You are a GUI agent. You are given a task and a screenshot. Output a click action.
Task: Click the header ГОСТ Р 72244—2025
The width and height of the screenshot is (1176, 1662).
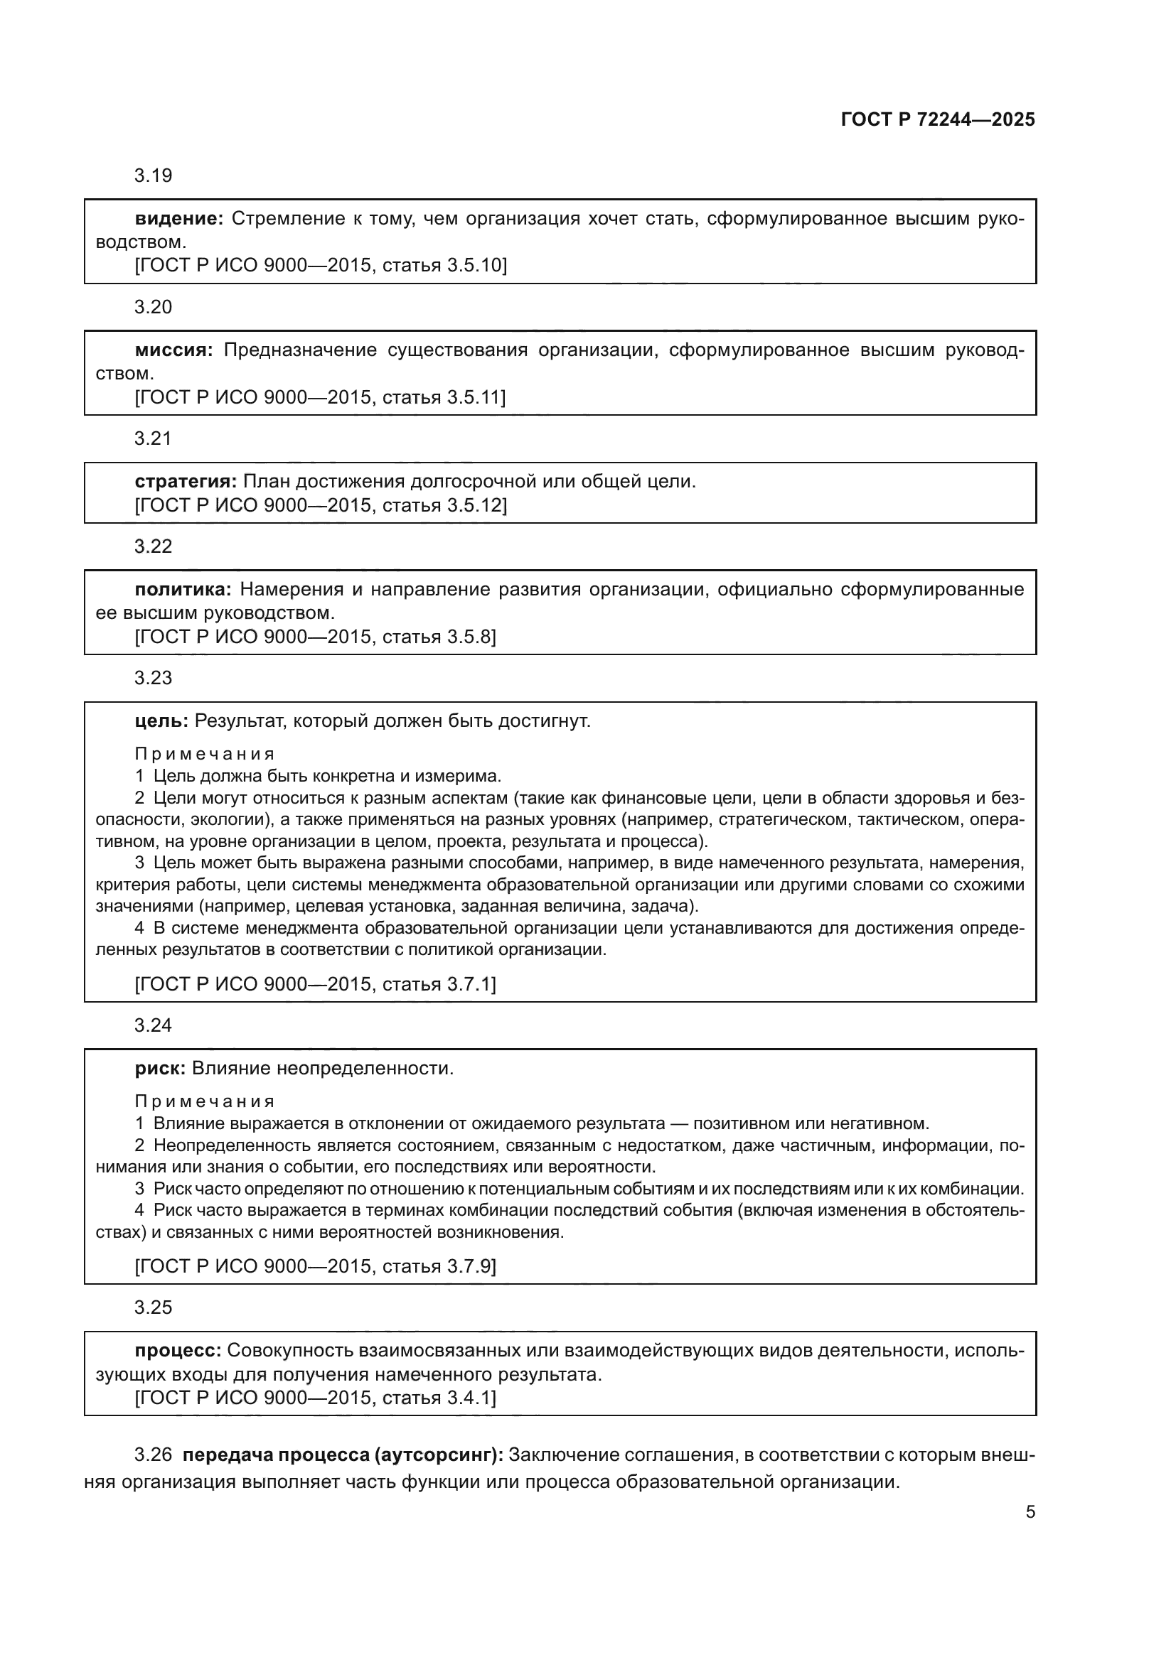938,120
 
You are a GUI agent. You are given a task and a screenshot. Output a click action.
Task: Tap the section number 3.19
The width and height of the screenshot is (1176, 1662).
153,176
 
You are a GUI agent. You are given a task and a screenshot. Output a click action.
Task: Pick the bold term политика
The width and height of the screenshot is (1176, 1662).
183,589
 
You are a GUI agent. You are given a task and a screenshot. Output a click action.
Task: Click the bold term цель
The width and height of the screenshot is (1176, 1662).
161,721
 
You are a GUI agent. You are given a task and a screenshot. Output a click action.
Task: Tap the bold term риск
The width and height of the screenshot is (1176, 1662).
160,1069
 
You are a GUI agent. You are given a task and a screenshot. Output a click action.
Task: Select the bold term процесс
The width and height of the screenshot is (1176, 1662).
178,1351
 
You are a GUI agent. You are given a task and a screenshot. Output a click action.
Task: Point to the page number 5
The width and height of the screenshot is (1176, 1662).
1030,1512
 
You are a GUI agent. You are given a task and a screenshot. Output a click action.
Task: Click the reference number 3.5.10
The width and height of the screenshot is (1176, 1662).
474,266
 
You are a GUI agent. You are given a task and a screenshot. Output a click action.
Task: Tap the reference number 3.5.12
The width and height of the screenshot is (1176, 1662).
474,505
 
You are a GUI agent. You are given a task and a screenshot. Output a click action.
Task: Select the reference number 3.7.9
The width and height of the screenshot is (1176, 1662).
469,1266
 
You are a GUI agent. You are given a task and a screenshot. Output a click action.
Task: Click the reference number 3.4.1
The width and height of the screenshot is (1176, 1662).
469,1398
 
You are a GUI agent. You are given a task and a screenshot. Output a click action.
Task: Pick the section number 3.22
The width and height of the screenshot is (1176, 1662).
153,546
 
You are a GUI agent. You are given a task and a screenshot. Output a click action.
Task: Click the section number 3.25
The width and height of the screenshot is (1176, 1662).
153,1307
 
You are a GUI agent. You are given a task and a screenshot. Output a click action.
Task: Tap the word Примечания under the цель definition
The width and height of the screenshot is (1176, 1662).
205,755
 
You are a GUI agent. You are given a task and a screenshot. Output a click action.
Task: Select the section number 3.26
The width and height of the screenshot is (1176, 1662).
153,1455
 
